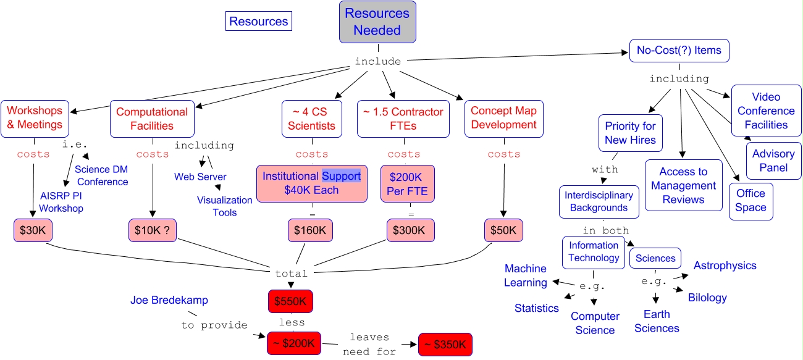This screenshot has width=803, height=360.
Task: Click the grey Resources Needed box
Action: point(377,22)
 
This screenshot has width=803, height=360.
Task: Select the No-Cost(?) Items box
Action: point(679,51)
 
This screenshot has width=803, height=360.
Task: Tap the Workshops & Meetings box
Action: point(35,118)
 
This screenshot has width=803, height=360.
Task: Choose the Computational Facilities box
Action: point(152,119)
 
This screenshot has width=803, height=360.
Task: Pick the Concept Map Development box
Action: point(503,118)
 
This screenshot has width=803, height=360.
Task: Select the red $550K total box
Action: point(290,301)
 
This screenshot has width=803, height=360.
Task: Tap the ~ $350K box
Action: point(445,344)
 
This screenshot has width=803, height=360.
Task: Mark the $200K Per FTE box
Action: point(408,184)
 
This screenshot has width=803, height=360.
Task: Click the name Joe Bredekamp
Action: point(169,300)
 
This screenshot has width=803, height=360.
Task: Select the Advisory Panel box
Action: point(774,161)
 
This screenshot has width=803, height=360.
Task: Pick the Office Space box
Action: point(750,201)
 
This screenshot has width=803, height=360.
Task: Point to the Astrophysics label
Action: point(725,266)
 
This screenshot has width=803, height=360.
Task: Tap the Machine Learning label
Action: point(526,275)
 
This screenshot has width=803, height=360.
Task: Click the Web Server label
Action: point(200,177)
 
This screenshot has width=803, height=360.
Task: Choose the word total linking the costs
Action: point(291,273)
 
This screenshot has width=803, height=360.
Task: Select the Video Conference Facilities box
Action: point(766,111)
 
